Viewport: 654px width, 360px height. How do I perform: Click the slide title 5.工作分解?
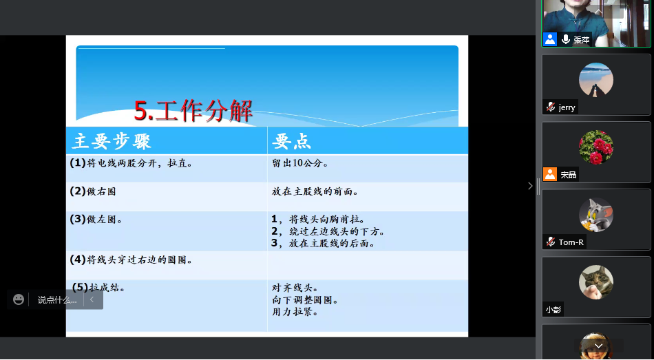click(193, 111)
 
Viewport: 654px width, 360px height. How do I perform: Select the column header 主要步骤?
click(112, 141)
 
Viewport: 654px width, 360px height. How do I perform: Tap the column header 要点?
click(292, 141)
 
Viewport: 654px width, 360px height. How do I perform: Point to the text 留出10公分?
click(300, 163)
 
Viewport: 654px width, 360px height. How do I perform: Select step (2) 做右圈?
click(93, 191)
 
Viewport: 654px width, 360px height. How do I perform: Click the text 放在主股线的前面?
click(315, 191)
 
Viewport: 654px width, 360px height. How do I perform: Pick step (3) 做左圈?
click(96, 219)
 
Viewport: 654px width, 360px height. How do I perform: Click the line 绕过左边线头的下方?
click(328, 231)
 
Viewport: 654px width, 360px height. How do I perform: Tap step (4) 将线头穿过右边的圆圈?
click(131, 260)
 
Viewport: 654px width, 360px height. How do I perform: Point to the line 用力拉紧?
click(295, 312)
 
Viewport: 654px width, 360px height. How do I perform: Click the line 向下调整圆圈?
click(305, 299)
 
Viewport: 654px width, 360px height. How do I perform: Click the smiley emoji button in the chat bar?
click(19, 299)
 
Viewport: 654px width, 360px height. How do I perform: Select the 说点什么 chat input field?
click(57, 300)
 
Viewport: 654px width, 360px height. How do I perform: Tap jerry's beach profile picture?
click(596, 80)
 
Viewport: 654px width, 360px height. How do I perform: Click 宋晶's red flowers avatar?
click(596, 147)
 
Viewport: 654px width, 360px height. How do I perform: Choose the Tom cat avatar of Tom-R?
click(596, 215)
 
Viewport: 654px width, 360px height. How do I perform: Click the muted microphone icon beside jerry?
click(551, 107)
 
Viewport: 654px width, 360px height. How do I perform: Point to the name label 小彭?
click(553, 310)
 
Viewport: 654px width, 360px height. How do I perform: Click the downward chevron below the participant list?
click(598, 346)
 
